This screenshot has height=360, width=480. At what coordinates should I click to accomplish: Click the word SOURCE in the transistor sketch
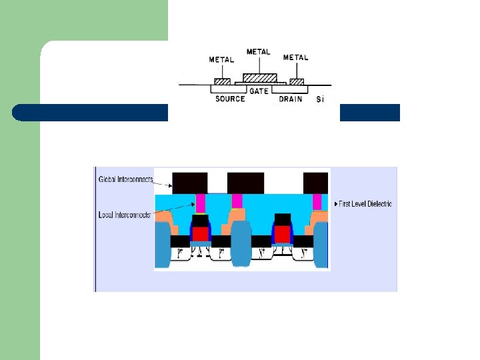pyautogui.click(x=230, y=99)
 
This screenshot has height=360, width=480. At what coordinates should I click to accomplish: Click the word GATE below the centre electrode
pyautogui.click(x=259, y=89)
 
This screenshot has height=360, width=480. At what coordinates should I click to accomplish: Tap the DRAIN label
pyautogui.click(x=290, y=99)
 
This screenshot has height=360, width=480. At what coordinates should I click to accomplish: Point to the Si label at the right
pyautogui.click(x=320, y=99)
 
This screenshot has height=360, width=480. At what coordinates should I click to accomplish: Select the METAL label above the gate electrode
pyautogui.click(x=259, y=51)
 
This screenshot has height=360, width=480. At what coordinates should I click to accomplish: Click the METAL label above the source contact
pyautogui.click(x=221, y=59)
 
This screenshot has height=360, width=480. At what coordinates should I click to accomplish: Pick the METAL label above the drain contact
pyautogui.click(x=295, y=57)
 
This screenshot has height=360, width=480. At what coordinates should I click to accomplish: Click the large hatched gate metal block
pyautogui.click(x=259, y=77)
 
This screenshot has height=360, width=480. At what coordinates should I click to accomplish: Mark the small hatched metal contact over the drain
pyautogui.click(x=297, y=82)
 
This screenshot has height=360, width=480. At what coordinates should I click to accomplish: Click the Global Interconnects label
pyautogui.click(x=126, y=179)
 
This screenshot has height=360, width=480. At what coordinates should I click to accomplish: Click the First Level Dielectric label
pyautogui.click(x=365, y=203)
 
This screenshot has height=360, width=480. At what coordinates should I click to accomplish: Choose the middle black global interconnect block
pyautogui.click(x=246, y=183)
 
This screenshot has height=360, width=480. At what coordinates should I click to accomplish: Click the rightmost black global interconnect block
pyautogui.click(x=316, y=183)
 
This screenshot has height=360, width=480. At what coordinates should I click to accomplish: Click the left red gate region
pyautogui.click(x=200, y=234)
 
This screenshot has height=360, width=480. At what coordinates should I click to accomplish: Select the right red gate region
pyautogui.click(x=283, y=234)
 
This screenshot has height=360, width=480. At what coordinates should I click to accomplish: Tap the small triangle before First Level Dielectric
pyautogui.click(x=335, y=203)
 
